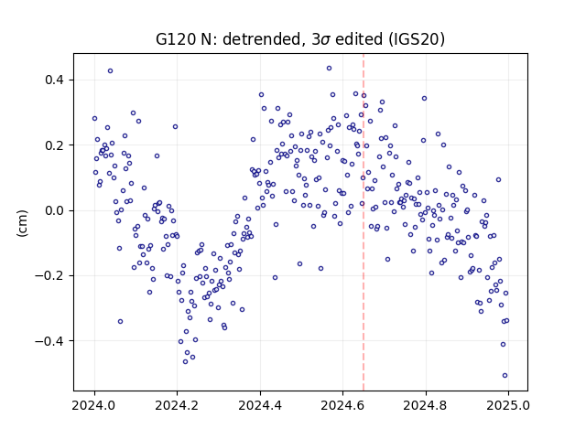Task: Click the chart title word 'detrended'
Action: click(262, 39)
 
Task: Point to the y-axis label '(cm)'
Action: click(22, 223)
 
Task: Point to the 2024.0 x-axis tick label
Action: click(94, 405)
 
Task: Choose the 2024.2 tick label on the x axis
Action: click(177, 405)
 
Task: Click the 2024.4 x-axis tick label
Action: click(260, 405)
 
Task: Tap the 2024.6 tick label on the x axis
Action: click(342, 405)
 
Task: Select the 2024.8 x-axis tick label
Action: click(425, 405)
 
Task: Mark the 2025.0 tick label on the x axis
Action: click(508, 405)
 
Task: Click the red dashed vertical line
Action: click(364, 222)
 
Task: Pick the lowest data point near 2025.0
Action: click(505, 376)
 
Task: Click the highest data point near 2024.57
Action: click(329, 69)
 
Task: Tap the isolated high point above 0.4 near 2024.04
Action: click(110, 71)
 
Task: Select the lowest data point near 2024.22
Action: click(185, 362)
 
